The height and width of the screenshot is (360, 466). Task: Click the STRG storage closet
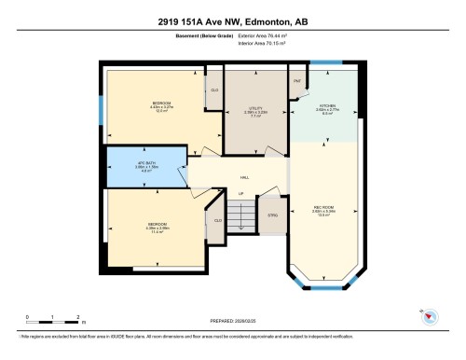pyautogui.click(x=272, y=215)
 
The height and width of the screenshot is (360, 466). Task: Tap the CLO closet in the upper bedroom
pyautogui.click(x=213, y=90)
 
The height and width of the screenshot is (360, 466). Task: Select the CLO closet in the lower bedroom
pyautogui.click(x=217, y=220)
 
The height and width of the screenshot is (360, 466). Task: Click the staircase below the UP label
pyautogui.click(x=240, y=219)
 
